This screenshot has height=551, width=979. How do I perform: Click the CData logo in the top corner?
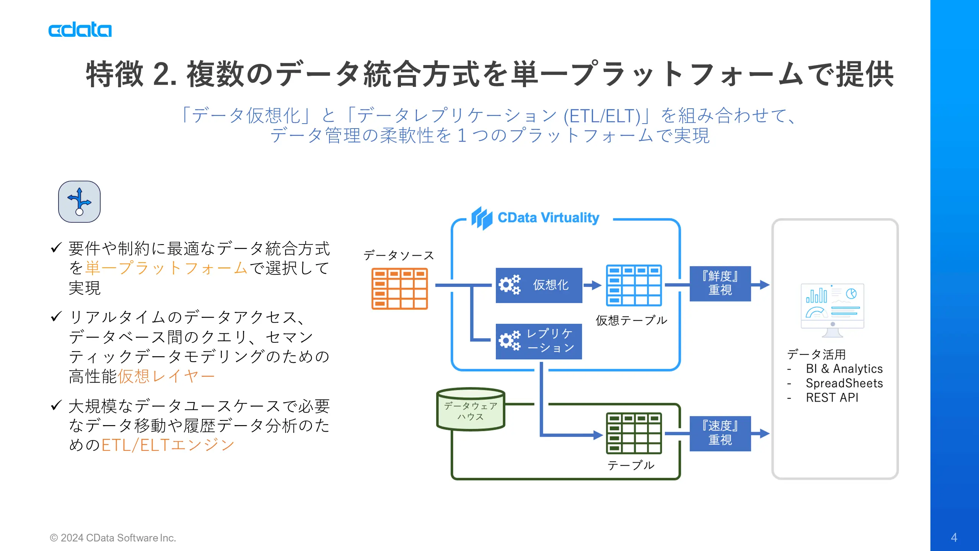(80, 30)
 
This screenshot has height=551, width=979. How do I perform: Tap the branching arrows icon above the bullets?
(79, 202)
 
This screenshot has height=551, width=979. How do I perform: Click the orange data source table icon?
(399, 289)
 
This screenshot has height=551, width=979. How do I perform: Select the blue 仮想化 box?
(539, 285)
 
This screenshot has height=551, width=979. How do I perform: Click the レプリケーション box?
(539, 341)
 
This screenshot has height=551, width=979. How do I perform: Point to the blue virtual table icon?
(634, 285)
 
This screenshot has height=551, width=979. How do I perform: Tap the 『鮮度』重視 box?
(720, 284)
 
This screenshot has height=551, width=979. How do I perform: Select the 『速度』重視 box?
(720, 433)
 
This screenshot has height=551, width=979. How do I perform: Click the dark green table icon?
(634, 433)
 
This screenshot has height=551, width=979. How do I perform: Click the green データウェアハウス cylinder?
(471, 410)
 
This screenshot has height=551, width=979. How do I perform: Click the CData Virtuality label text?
(548, 218)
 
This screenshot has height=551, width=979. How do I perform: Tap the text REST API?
(832, 398)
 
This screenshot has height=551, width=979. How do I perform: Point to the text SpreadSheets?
(844, 383)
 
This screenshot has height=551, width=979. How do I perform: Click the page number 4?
(954, 538)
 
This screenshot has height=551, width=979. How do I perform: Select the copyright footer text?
(113, 538)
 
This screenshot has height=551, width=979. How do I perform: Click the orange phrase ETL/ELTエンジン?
(168, 445)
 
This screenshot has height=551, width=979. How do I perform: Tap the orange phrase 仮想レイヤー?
(166, 377)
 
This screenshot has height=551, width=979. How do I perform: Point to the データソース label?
(398, 255)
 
